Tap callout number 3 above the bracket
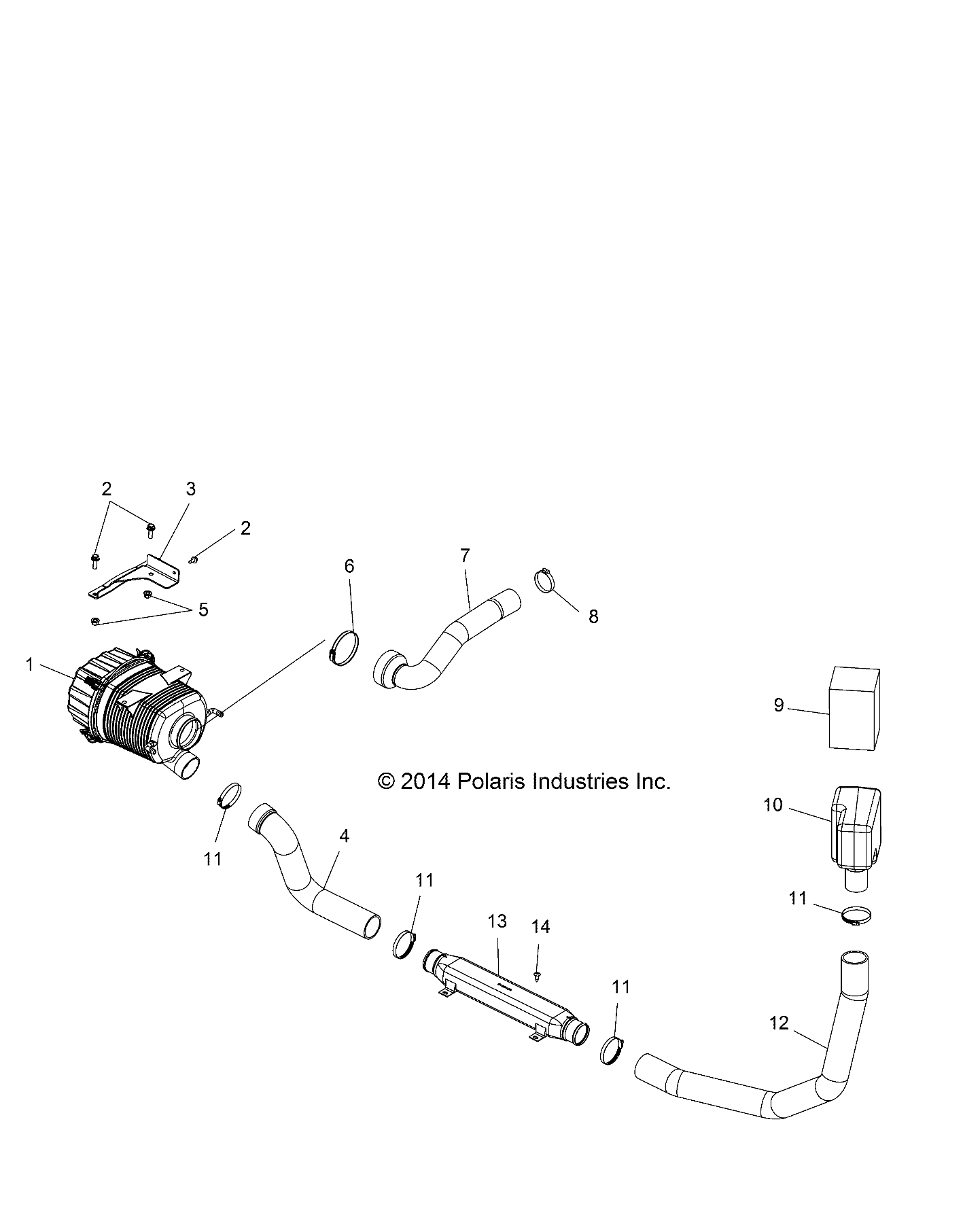tap(190, 489)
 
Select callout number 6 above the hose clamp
tap(349, 566)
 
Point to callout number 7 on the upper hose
tap(465, 555)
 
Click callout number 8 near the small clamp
tap(593, 616)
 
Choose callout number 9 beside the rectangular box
tap(779, 705)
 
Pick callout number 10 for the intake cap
tap(773, 805)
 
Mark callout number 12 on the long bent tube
tap(779, 1042)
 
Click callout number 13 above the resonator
tap(497, 921)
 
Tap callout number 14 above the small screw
tap(540, 926)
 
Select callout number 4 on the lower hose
tap(344, 836)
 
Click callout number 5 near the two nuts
tap(203, 610)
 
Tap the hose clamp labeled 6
tap(344, 648)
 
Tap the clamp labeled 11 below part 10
tap(857, 916)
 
